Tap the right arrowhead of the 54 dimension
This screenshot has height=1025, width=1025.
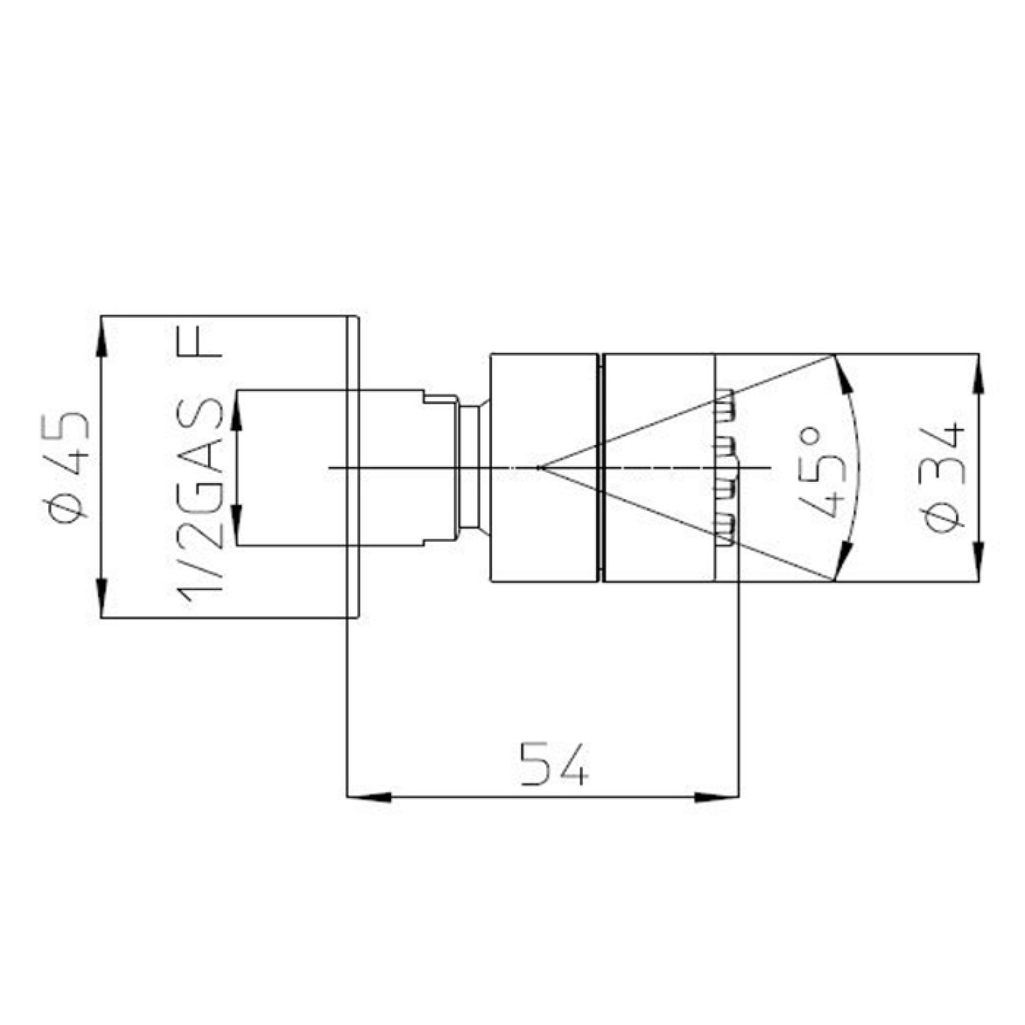tap(717, 797)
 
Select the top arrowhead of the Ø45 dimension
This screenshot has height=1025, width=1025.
tap(101, 337)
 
